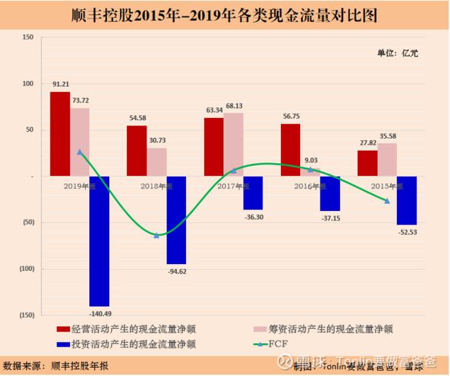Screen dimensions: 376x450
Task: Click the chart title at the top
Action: pos(225,15)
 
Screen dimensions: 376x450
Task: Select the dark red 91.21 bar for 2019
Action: pos(60,134)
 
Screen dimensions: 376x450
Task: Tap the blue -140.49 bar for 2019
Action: pos(100,241)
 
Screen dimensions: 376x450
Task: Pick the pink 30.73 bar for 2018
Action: pos(157,162)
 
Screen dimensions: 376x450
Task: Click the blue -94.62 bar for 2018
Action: pos(177,220)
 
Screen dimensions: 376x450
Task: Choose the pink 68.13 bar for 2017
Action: pos(234,145)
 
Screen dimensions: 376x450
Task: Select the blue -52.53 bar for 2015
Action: pos(387,200)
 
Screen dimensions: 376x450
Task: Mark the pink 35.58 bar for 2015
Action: pos(387,160)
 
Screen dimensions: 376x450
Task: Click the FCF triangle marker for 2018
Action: pos(157,235)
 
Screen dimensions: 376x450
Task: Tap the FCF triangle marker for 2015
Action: pos(387,201)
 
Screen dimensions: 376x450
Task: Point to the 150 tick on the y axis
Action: pos(27,37)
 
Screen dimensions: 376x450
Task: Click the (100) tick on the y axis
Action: pos(26,269)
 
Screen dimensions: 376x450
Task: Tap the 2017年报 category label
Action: pos(234,186)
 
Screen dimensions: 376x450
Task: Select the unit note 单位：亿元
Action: pos(397,53)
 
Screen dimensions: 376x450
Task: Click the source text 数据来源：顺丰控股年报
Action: pos(56,365)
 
